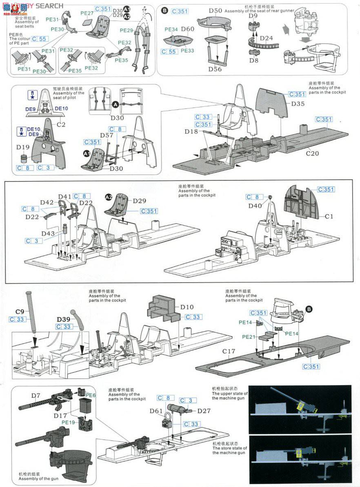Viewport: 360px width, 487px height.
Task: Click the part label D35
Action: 298,104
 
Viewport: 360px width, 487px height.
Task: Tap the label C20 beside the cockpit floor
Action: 313,154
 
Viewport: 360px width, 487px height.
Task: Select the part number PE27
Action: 87,13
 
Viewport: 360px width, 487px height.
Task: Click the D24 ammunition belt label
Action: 266,38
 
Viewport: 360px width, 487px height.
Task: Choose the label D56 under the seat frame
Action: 215,69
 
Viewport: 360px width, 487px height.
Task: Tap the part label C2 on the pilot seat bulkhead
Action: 61,124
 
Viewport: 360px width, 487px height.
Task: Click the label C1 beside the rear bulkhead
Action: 329,216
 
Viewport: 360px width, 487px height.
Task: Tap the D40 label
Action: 256,206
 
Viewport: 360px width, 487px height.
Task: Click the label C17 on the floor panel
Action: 229,351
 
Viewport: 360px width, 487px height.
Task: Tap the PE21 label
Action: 249,337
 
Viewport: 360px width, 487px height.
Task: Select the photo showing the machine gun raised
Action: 300,410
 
